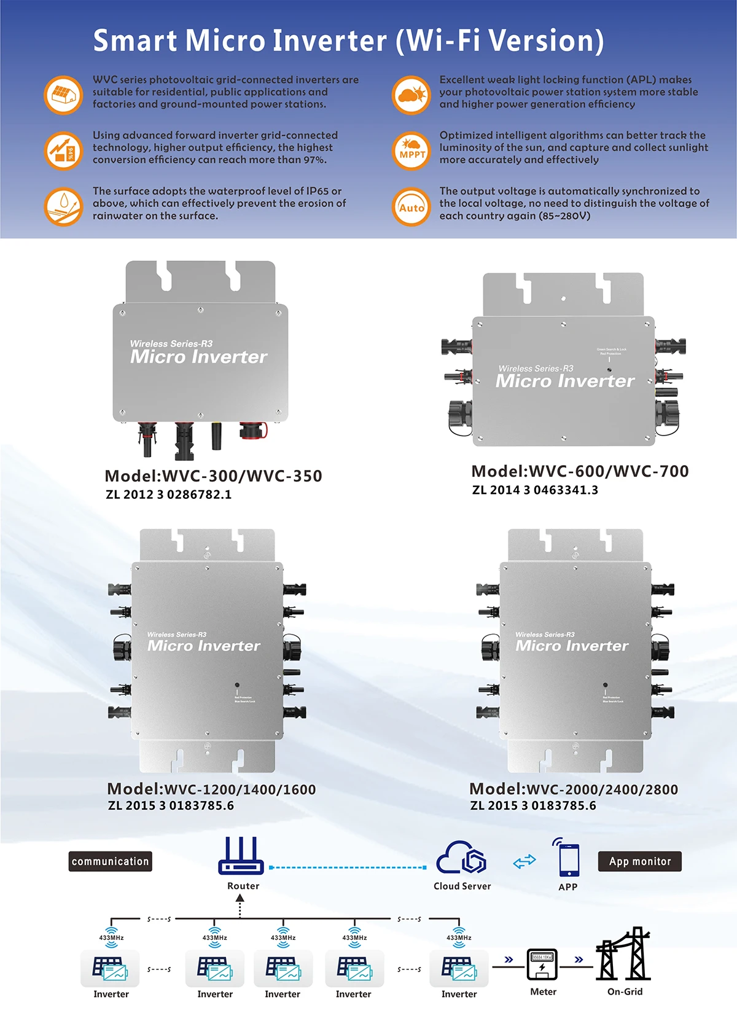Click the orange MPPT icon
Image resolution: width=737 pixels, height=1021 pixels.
pyautogui.click(x=411, y=151)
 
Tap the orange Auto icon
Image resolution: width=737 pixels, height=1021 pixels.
pyautogui.click(x=411, y=207)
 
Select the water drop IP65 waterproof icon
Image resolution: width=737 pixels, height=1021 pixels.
pyautogui.click(x=63, y=206)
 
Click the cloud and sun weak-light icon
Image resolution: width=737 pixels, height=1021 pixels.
pyautogui.click(x=411, y=95)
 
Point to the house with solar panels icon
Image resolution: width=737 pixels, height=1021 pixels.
pyautogui.click(x=63, y=95)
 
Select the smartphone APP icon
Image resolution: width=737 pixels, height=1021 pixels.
pyautogui.click(x=568, y=858)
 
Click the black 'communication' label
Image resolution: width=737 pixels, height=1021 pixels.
pyautogui.click(x=110, y=861)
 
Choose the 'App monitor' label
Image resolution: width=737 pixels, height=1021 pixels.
pyautogui.click(x=639, y=861)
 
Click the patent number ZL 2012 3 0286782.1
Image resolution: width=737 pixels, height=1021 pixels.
pyautogui.click(x=168, y=495)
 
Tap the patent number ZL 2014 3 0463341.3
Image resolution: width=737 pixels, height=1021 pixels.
pyautogui.click(x=535, y=490)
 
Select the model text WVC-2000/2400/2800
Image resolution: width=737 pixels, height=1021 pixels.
pyautogui.click(x=602, y=789)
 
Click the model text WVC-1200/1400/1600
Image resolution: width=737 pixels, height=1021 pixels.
pyautogui.click(x=240, y=789)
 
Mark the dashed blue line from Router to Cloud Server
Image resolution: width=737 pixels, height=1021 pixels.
pyautogui.click(x=348, y=867)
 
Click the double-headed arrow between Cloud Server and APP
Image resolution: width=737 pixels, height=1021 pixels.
pyautogui.click(x=524, y=862)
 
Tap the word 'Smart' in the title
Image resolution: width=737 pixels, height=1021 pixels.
pyautogui.click(x=135, y=41)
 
